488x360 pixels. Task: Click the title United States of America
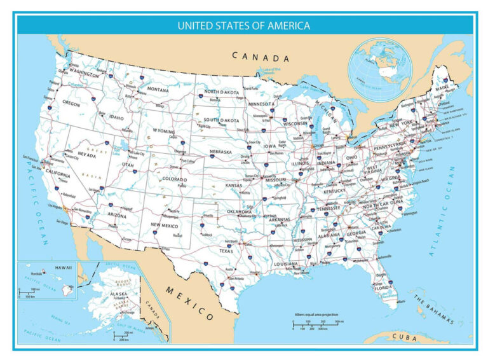pyautogui.click(x=244, y=26)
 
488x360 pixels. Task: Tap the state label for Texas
pyautogui.click(x=227, y=251)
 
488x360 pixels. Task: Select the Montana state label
pyautogui.click(x=158, y=90)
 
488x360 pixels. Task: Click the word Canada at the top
pyautogui.click(x=261, y=57)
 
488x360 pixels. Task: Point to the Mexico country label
pyautogui.click(x=190, y=303)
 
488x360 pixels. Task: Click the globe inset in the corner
pyautogui.click(x=379, y=68)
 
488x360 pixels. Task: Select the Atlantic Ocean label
pyautogui.click(x=443, y=211)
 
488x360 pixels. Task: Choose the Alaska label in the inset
pyautogui.click(x=119, y=294)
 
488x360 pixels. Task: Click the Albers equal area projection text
pyautogui.click(x=316, y=315)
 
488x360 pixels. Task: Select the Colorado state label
pyautogui.click(x=175, y=179)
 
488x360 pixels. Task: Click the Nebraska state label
pyautogui.click(x=225, y=153)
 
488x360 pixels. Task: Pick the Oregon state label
pyautogui.click(x=71, y=103)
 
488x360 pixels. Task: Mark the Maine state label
pyautogui.click(x=442, y=87)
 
